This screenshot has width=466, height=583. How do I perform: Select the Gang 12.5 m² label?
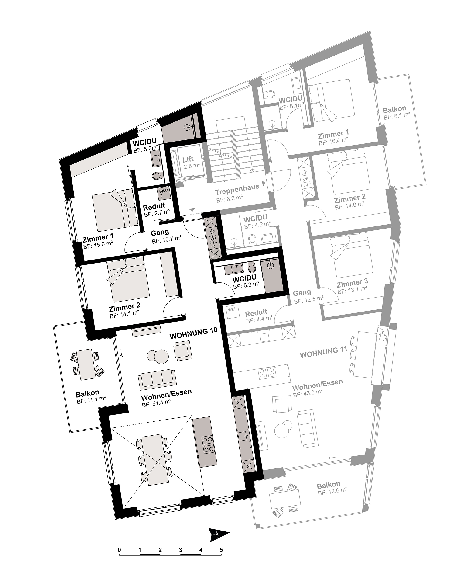[308, 296]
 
